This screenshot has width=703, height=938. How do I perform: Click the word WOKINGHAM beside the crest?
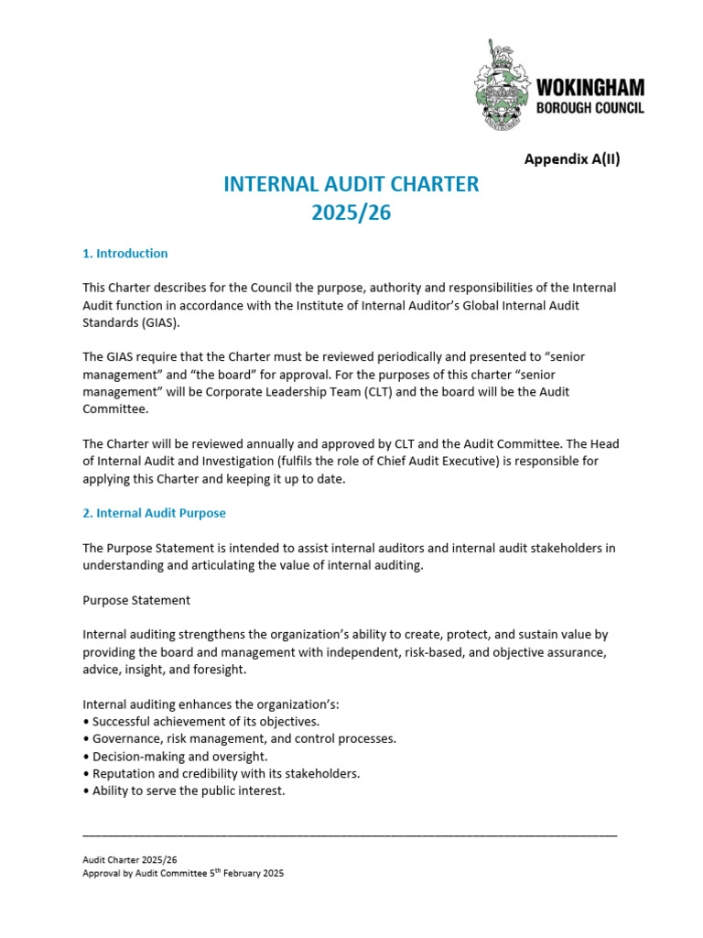(589, 88)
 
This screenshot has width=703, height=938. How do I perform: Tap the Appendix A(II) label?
(571, 158)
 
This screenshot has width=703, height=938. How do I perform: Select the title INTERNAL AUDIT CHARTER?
(351, 184)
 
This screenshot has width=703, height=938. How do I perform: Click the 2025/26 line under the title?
(351, 213)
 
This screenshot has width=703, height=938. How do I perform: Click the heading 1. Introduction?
(125, 254)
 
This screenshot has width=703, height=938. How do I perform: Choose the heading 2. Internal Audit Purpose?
(154, 513)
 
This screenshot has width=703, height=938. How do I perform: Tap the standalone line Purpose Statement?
(136, 600)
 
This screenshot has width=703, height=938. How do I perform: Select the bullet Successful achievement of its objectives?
(201, 721)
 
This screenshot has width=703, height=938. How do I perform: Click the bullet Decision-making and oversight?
(179, 756)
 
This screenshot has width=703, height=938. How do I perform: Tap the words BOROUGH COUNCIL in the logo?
(589, 108)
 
